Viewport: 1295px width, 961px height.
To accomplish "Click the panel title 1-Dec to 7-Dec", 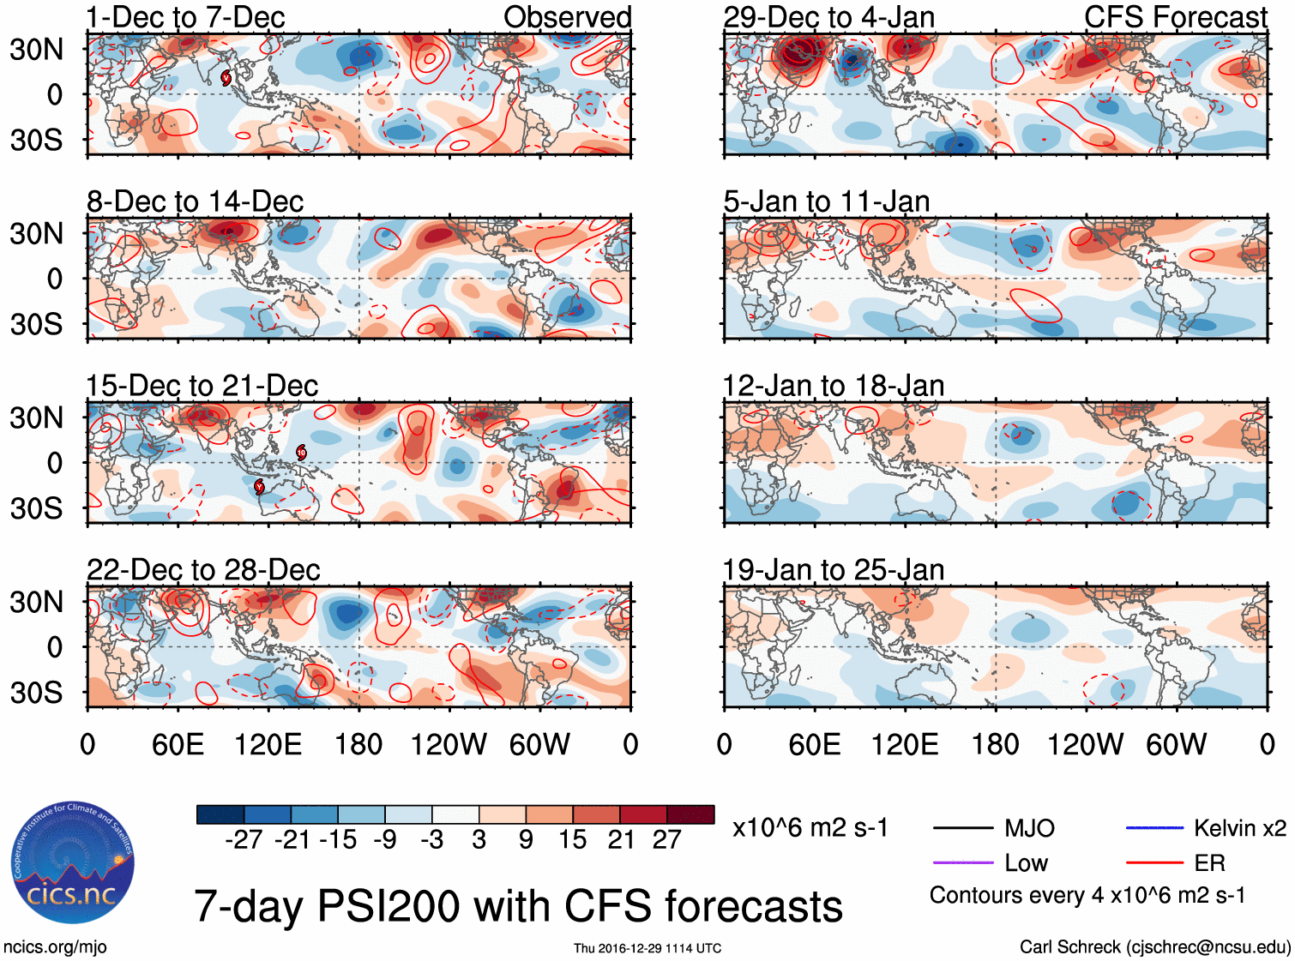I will tap(185, 17).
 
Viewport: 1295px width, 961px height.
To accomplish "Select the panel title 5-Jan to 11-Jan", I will tap(826, 201).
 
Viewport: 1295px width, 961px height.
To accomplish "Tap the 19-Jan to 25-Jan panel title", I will tap(833, 570).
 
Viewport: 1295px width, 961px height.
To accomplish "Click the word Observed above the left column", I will tap(567, 17).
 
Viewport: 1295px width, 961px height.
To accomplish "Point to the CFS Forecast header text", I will tap(1175, 17).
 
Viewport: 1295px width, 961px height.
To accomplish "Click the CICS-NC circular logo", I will tap(73, 863).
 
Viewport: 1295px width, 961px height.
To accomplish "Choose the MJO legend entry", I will tap(1029, 828).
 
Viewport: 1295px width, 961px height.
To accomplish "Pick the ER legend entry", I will tap(1209, 863).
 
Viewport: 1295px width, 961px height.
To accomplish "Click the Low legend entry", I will tap(1026, 863).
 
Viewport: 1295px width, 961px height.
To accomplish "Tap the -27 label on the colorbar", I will tap(244, 840).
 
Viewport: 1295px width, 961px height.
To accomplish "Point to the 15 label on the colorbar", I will tap(573, 840).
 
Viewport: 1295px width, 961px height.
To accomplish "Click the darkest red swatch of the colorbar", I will tap(690, 814).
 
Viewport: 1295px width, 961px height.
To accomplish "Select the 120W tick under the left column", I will tap(449, 744).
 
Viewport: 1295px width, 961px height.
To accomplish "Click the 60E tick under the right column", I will tap(814, 744).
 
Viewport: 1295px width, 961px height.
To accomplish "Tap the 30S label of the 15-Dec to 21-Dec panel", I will tap(36, 508).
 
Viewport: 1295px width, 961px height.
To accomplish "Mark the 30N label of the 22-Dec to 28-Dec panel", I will tap(36, 602).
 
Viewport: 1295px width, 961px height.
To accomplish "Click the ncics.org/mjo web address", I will tap(55, 947).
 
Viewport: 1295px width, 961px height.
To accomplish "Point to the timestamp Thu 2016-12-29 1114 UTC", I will tap(647, 948).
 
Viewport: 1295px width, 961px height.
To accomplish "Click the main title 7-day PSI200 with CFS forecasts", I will tap(518, 906).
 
